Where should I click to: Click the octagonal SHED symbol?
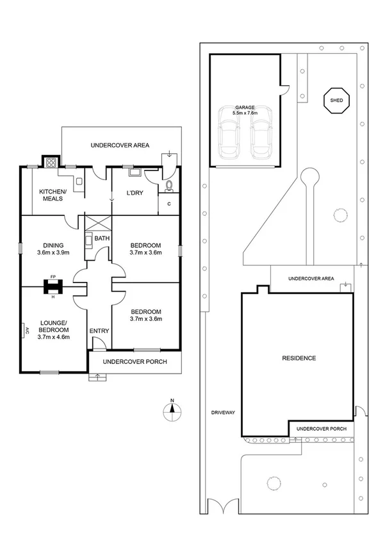(x=336, y=101)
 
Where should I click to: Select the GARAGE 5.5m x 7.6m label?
(x=245, y=110)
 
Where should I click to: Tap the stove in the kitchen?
(x=49, y=162)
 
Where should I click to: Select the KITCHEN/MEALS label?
(x=51, y=195)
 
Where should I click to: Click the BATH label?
(x=102, y=238)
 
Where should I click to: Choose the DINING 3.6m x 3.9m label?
(x=53, y=248)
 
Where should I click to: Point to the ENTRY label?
(x=99, y=331)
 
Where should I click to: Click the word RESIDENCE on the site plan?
(x=299, y=358)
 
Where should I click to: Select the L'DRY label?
(x=135, y=193)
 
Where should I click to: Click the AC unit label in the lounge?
(x=27, y=331)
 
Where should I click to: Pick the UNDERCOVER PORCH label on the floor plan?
(x=135, y=362)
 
